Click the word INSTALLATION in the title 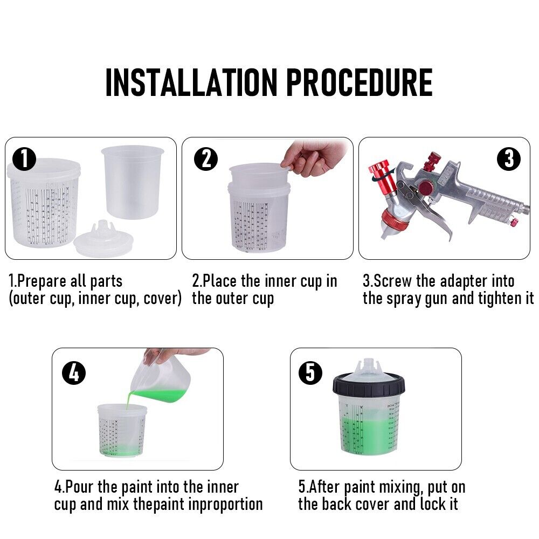click(x=191, y=82)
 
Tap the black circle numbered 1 click(x=24, y=160)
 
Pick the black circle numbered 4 click(x=74, y=372)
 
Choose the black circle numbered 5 click(x=311, y=372)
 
